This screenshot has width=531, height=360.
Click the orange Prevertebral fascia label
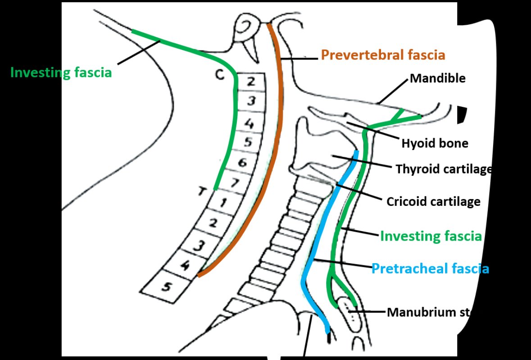click(383, 55)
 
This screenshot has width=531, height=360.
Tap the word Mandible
click(437, 78)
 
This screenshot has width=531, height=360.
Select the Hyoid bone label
click(435, 143)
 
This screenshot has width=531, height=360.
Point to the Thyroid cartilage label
click(443, 169)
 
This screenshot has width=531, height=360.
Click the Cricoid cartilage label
click(433, 201)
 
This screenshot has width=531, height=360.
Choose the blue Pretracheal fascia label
click(430, 269)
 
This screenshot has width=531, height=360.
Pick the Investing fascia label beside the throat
click(431, 236)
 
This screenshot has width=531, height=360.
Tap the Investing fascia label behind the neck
click(61, 73)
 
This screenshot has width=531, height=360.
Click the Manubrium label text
click(428, 312)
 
